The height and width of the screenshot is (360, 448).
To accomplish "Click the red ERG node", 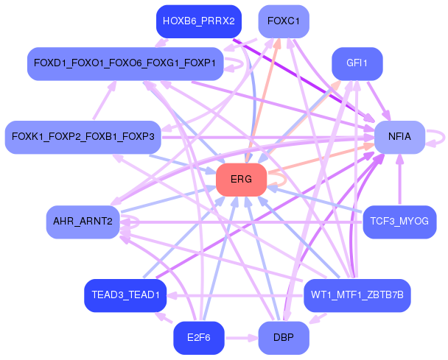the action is coord(242,180).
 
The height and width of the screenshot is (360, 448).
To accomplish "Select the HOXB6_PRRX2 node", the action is coord(199,21).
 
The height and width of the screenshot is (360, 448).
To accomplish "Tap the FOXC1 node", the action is coord(284,21).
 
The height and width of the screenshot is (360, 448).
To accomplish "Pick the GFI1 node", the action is coord(357,63).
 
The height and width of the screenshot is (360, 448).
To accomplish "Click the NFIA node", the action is coord(399,137).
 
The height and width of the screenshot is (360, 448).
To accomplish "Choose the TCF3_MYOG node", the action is coord(399,222).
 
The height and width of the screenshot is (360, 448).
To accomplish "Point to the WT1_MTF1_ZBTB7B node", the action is coord(357,295).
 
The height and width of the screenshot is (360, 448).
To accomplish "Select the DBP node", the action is coord(284,338).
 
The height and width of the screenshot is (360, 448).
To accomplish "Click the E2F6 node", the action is coord(199,338).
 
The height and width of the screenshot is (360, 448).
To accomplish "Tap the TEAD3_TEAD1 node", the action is coord(125,295).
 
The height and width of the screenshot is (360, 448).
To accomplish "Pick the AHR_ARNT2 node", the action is coord(83,222).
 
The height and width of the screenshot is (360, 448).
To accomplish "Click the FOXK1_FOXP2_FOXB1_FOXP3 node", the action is coord(83,137).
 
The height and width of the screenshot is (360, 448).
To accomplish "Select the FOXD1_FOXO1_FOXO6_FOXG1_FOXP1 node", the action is coord(125,63).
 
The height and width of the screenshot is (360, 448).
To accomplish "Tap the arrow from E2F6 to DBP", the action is coord(242,339).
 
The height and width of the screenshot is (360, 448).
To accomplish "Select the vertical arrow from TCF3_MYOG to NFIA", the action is coord(399,180).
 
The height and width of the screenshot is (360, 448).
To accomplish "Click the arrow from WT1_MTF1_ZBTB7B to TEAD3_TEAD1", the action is coord(235,295).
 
